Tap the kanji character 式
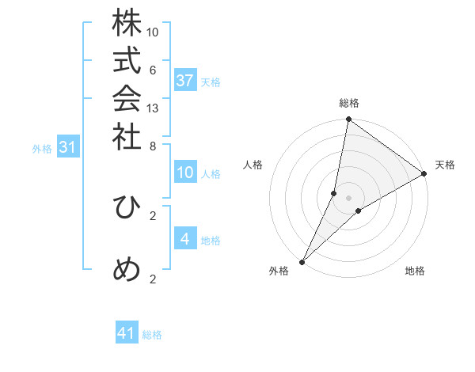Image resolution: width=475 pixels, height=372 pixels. click(127, 63)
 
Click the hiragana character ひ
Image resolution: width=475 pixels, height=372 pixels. click(127, 207)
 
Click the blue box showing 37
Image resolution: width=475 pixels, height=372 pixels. click(185, 81)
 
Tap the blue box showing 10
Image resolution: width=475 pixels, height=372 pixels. click(185, 173)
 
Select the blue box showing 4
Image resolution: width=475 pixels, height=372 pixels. click(185, 239)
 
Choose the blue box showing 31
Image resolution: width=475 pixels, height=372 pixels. click(67, 147)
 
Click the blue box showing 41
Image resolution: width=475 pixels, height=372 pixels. click(127, 334)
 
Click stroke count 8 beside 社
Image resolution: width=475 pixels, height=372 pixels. click(153, 145)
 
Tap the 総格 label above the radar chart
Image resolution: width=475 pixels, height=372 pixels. click(349, 103)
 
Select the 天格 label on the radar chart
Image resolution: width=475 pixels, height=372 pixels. click(445, 165)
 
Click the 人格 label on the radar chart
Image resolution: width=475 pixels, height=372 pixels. click(253, 165)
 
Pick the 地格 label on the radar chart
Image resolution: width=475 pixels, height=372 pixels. click(415, 271)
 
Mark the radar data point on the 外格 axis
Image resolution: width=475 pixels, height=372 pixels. click(302, 261)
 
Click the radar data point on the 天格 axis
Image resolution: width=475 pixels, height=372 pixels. click(424, 174)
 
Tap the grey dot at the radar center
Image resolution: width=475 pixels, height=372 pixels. click(349, 198)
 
